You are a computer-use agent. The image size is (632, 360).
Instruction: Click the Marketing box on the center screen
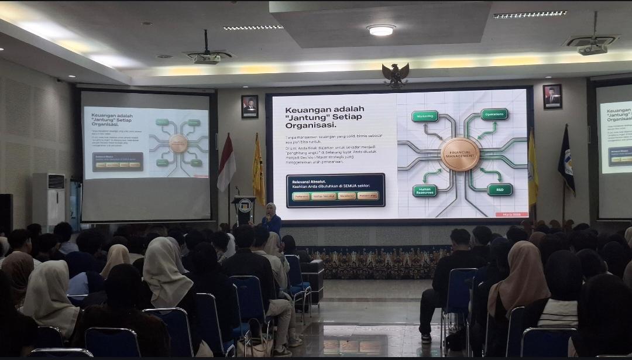pyautogui.click(x=425, y=116)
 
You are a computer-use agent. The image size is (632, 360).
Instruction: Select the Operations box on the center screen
pyautogui.click(x=494, y=114)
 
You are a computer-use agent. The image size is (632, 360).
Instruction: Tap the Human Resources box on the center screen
pyautogui.click(x=425, y=190)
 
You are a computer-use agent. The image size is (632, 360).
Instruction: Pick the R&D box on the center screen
pyautogui.click(x=500, y=189)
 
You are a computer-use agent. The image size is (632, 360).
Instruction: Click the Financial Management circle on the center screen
pyautogui.click(x=460, y=154)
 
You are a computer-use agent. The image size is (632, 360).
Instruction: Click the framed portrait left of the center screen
pyautogui.click(x=249, y=107)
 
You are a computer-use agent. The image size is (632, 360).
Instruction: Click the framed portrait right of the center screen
pyautogui.click(x=552, y=97)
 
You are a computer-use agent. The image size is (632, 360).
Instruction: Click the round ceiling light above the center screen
pyautogui.click(x=381, y=30)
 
